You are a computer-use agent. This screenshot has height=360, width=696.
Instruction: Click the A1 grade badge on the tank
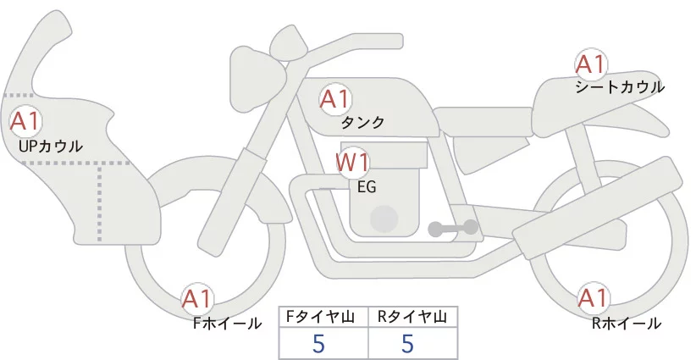(335, 99)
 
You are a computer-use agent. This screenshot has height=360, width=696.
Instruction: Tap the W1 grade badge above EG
(352, 163)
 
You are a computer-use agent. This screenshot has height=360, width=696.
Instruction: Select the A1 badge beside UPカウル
(25, 121)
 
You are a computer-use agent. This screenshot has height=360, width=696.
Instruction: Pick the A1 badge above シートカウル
(591, 64)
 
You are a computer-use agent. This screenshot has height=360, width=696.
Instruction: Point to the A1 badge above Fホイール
(197, 299)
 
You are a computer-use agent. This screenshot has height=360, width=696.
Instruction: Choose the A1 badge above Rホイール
(593, 298)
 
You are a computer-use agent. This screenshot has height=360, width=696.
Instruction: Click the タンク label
(362, 123)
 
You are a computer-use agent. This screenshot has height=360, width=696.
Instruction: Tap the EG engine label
(367, 187)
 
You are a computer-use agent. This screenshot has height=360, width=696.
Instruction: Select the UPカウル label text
(51, 146)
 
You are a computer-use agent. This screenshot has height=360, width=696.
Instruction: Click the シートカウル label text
(620, 87)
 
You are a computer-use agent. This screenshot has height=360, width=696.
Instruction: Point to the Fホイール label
(227, 324)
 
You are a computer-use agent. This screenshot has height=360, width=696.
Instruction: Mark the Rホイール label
(627, 324)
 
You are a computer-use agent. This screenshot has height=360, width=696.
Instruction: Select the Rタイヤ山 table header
(412, 317)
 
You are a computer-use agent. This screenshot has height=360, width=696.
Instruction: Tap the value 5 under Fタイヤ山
(318, 343)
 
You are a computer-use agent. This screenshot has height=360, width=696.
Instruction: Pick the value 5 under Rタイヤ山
(407, 343)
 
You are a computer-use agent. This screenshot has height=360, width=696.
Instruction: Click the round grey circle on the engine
(384, 219)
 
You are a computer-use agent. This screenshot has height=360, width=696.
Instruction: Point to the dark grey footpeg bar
(453, 228)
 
